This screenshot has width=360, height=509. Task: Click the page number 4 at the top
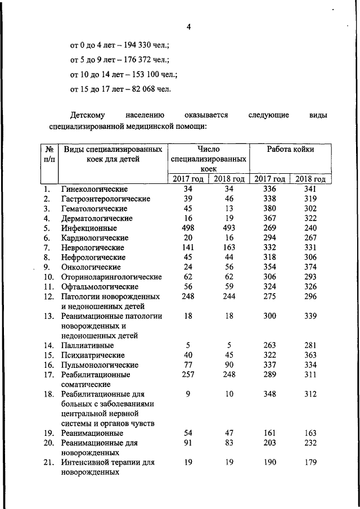pyautogui.click(x=190, y=25)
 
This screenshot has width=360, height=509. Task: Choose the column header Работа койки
pyautogui.click(x=290, y=150)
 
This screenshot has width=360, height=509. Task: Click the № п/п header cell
pyautogui.click(x=49, y=154)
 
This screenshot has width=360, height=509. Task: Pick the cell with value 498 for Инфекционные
pyautogui.click(x=188, y=228)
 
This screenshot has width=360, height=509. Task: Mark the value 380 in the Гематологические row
pyautogui.click(x=270, y=209)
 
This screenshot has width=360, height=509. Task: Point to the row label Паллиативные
pyautogui.click(x=88, y=345)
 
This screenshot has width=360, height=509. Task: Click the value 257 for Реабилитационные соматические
pyautogui.click(x=188, y=375)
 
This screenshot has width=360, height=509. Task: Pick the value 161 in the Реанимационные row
pyautogui.click(x=270, y=433)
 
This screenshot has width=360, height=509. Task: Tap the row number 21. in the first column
pyautogui.click(x=49, y=462)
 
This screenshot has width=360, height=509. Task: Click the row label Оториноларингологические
pyautogui.click(x=111, y=277)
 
